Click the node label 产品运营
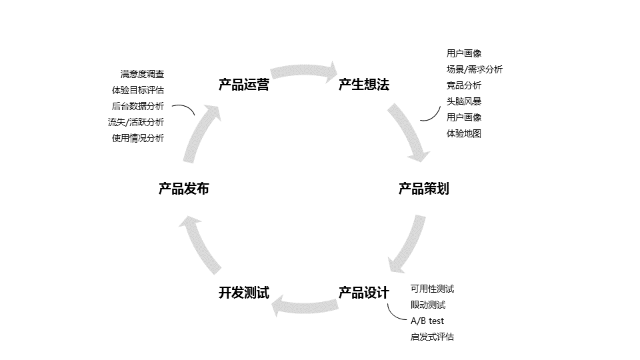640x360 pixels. (243, 85)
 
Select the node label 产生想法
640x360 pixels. (363, 85)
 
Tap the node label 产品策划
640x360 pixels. (423, 189)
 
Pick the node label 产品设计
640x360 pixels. (363, 293)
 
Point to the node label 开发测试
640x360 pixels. (243, 293)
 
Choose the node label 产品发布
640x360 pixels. (183, 189)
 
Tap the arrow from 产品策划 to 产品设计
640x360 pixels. (408, 245)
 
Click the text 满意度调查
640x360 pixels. (142, 74)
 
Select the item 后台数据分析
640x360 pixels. (138, 106)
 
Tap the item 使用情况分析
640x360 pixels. (138, 138)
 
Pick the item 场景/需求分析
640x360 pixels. (475, 69)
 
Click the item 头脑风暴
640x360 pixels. (464, 101)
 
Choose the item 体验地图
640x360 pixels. (464, 133)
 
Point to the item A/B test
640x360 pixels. (427, 321)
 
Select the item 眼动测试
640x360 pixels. (428, 305)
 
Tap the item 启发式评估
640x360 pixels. (432, 337)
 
